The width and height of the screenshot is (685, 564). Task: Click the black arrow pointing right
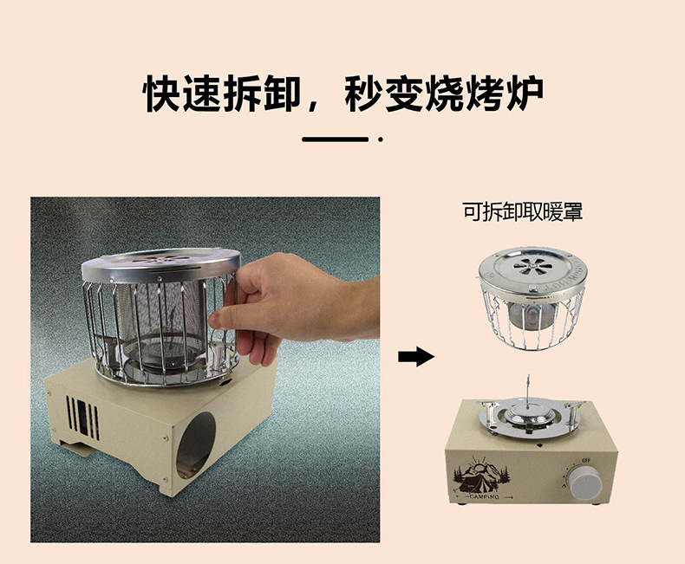(416, 357)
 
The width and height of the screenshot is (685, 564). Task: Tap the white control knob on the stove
(584, 481)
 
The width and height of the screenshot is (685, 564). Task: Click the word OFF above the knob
(586, 460)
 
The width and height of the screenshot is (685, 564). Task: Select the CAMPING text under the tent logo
(484, 496)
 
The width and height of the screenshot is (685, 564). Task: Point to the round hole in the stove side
(195, 444)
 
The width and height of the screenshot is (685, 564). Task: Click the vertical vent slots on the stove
(82, 418)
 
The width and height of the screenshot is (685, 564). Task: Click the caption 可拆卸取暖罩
(523, 211)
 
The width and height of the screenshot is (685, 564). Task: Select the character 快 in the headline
(161, 94)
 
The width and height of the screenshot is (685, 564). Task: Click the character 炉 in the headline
(524, 94)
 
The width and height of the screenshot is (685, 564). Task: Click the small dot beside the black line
(381, 139)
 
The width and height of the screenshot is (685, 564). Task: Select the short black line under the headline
(335, 139)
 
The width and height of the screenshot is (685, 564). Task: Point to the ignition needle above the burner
(528, 392)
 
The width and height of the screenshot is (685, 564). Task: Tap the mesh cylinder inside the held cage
(161, 314)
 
